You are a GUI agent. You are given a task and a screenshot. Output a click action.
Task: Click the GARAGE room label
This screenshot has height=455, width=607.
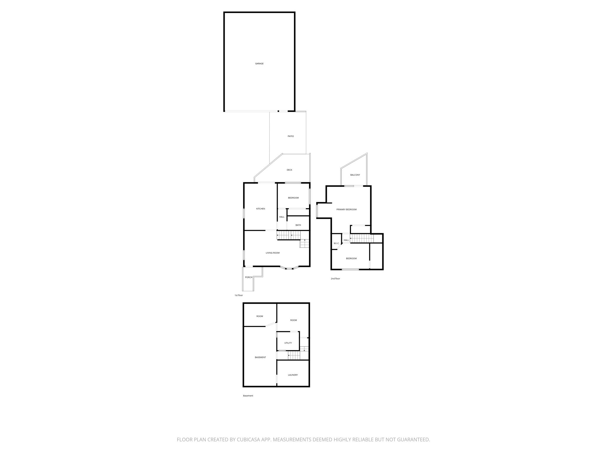click(x=259, y=64)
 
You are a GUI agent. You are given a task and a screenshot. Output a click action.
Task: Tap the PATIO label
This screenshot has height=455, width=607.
click(x=291, y=136)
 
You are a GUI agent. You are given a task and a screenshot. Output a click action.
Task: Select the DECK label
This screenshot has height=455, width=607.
click(x=289, y=170)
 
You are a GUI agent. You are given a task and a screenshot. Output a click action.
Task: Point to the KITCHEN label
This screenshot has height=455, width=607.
click(x=261, y=209)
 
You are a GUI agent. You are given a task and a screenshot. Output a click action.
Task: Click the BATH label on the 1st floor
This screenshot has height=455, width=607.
click(x=298, y=225)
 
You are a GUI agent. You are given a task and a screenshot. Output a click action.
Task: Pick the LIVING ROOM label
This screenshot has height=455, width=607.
click(x=272, y=253)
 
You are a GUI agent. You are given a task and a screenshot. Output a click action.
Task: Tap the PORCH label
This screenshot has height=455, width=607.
click(x=249, y=277)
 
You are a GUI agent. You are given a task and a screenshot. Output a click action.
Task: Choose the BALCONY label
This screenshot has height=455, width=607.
click(x=355, y=175)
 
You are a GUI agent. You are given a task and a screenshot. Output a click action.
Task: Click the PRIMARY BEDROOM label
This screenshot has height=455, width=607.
click(x=346, y=209)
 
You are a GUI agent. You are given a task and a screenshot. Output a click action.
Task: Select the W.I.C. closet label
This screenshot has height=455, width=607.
click(x=336, y=243)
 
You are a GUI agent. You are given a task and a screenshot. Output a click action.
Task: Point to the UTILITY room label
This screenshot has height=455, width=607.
click(x=288, y=343)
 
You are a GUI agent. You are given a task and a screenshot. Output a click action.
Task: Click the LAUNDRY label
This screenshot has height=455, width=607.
click(x=293, y=375)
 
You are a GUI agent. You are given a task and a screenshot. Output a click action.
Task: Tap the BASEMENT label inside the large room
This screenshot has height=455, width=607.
click(x=260, y=358)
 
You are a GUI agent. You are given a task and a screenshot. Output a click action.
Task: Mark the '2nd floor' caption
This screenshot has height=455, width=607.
click(x=335, y=279)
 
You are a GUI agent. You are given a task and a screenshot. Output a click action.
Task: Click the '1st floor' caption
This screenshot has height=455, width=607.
click(x=239, y=295)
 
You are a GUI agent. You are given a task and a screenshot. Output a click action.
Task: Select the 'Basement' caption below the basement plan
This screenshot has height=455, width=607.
click(x=248, y=396)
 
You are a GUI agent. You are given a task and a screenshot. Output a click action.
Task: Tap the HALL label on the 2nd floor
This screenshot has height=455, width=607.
click(x=346, y=240)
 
